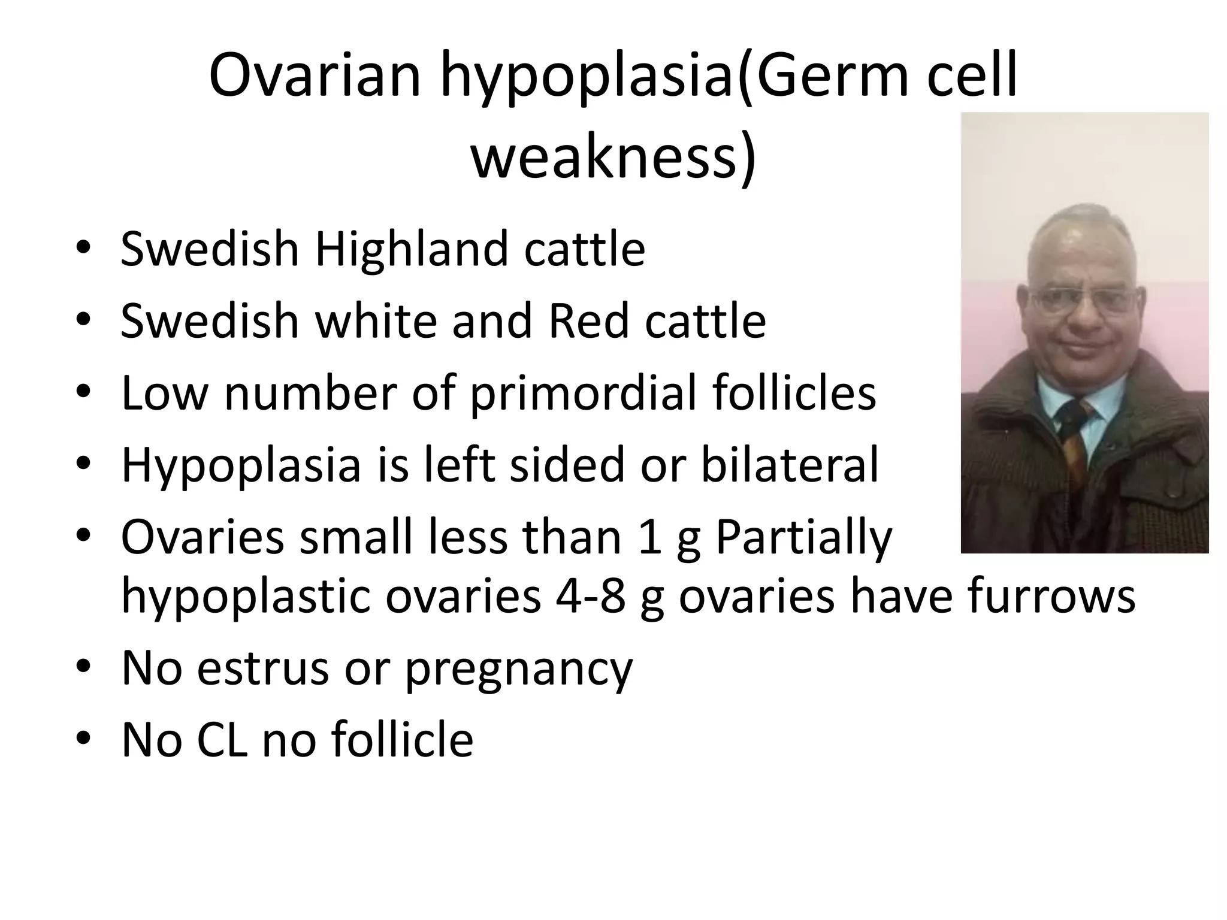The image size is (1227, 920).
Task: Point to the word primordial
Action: (x=583, y=394)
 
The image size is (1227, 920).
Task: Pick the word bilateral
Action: (x=789, y=465)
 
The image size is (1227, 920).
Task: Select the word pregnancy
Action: (x=518, y=669)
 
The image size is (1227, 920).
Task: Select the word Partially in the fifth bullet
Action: (x=803, y=537)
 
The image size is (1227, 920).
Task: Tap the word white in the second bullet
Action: (x=376, y=321)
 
